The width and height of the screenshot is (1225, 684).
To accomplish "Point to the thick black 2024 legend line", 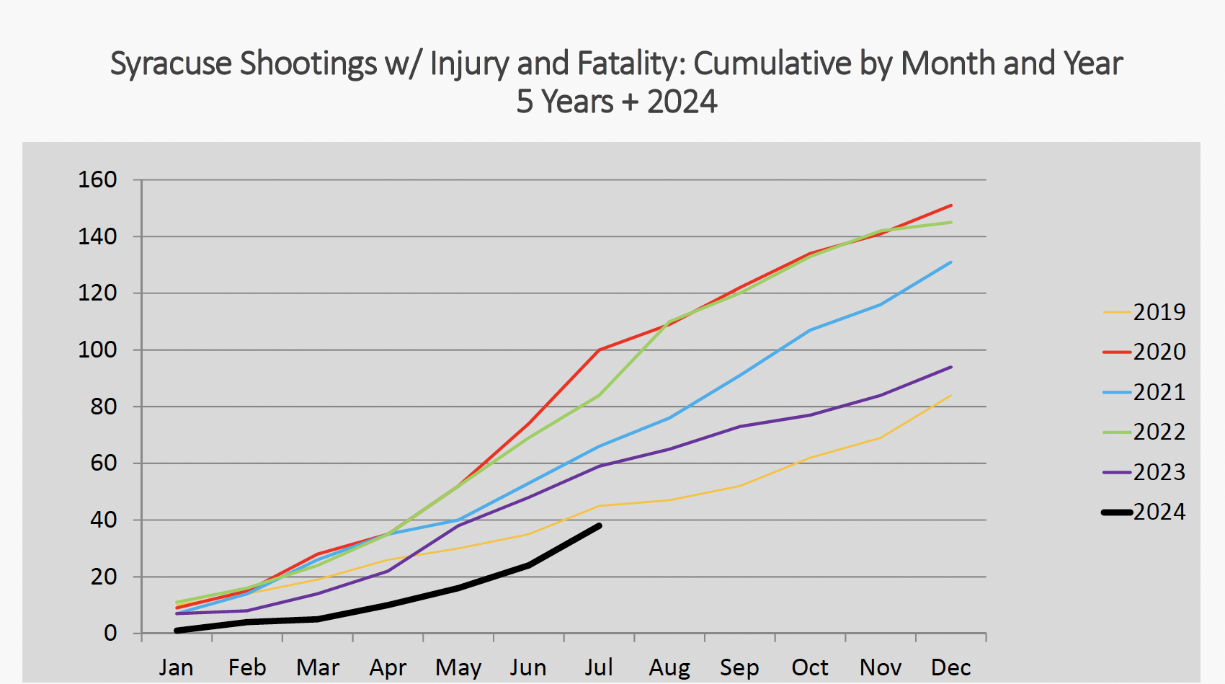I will pos(1118,512).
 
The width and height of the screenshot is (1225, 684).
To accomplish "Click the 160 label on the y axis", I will pos(97,179).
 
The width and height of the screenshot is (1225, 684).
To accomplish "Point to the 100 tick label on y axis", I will pos(97,350).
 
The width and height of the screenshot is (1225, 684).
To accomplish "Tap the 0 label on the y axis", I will pos(110,633).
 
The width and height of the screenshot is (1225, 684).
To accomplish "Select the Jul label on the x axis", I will pos(599,667).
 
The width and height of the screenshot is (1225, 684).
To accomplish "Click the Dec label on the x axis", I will pos(950,667).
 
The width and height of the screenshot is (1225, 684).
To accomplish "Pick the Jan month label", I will pos(176,667).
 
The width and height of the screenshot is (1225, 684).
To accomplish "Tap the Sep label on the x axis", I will pos(739,667).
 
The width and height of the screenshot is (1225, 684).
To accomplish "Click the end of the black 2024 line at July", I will pos(599,526).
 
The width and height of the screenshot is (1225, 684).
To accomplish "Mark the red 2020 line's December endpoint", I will pos(951,205).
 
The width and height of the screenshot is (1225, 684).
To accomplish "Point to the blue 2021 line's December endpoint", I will pos(951,262).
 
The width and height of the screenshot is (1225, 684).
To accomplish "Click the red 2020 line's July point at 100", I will pos(599,350).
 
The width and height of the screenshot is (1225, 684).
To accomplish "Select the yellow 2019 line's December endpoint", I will pos(951,395).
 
